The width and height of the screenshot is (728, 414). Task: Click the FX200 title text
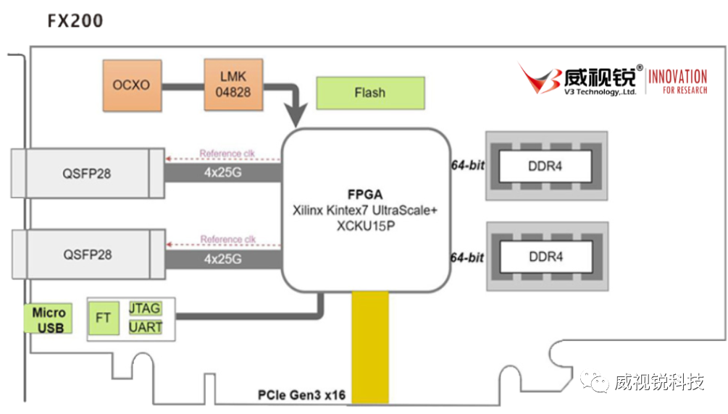click(75, 21)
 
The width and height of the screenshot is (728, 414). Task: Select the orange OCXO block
click(133, 85)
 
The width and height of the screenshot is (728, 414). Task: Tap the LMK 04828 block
click(233, 85)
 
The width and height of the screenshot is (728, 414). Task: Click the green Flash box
click(370, 93)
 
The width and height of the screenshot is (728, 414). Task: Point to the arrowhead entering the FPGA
click(296, 115)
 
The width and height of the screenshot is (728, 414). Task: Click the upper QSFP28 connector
click(88, 174)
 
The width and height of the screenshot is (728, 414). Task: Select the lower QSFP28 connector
click(88, 254)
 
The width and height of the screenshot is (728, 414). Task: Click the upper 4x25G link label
click(223, 173)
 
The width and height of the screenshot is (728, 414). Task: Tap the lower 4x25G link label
click(223, 259)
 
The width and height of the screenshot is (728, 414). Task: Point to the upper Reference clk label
click(227, 153)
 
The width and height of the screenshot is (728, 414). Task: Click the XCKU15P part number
click(366, 226)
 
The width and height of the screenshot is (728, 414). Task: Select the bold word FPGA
click(365, 195)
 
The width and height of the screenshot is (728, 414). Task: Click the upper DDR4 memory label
click(545, 166)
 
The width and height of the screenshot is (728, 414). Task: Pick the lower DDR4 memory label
click(546, 257)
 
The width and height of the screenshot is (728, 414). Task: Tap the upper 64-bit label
click(467, 165)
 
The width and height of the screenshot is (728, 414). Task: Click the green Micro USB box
click(49, 319)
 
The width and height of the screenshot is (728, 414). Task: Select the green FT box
click(104, 318)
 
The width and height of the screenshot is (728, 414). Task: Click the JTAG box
click(146, 308)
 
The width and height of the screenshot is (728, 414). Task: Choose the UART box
click(146, 327)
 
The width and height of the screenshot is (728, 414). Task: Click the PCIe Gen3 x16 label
click(302, 395)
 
